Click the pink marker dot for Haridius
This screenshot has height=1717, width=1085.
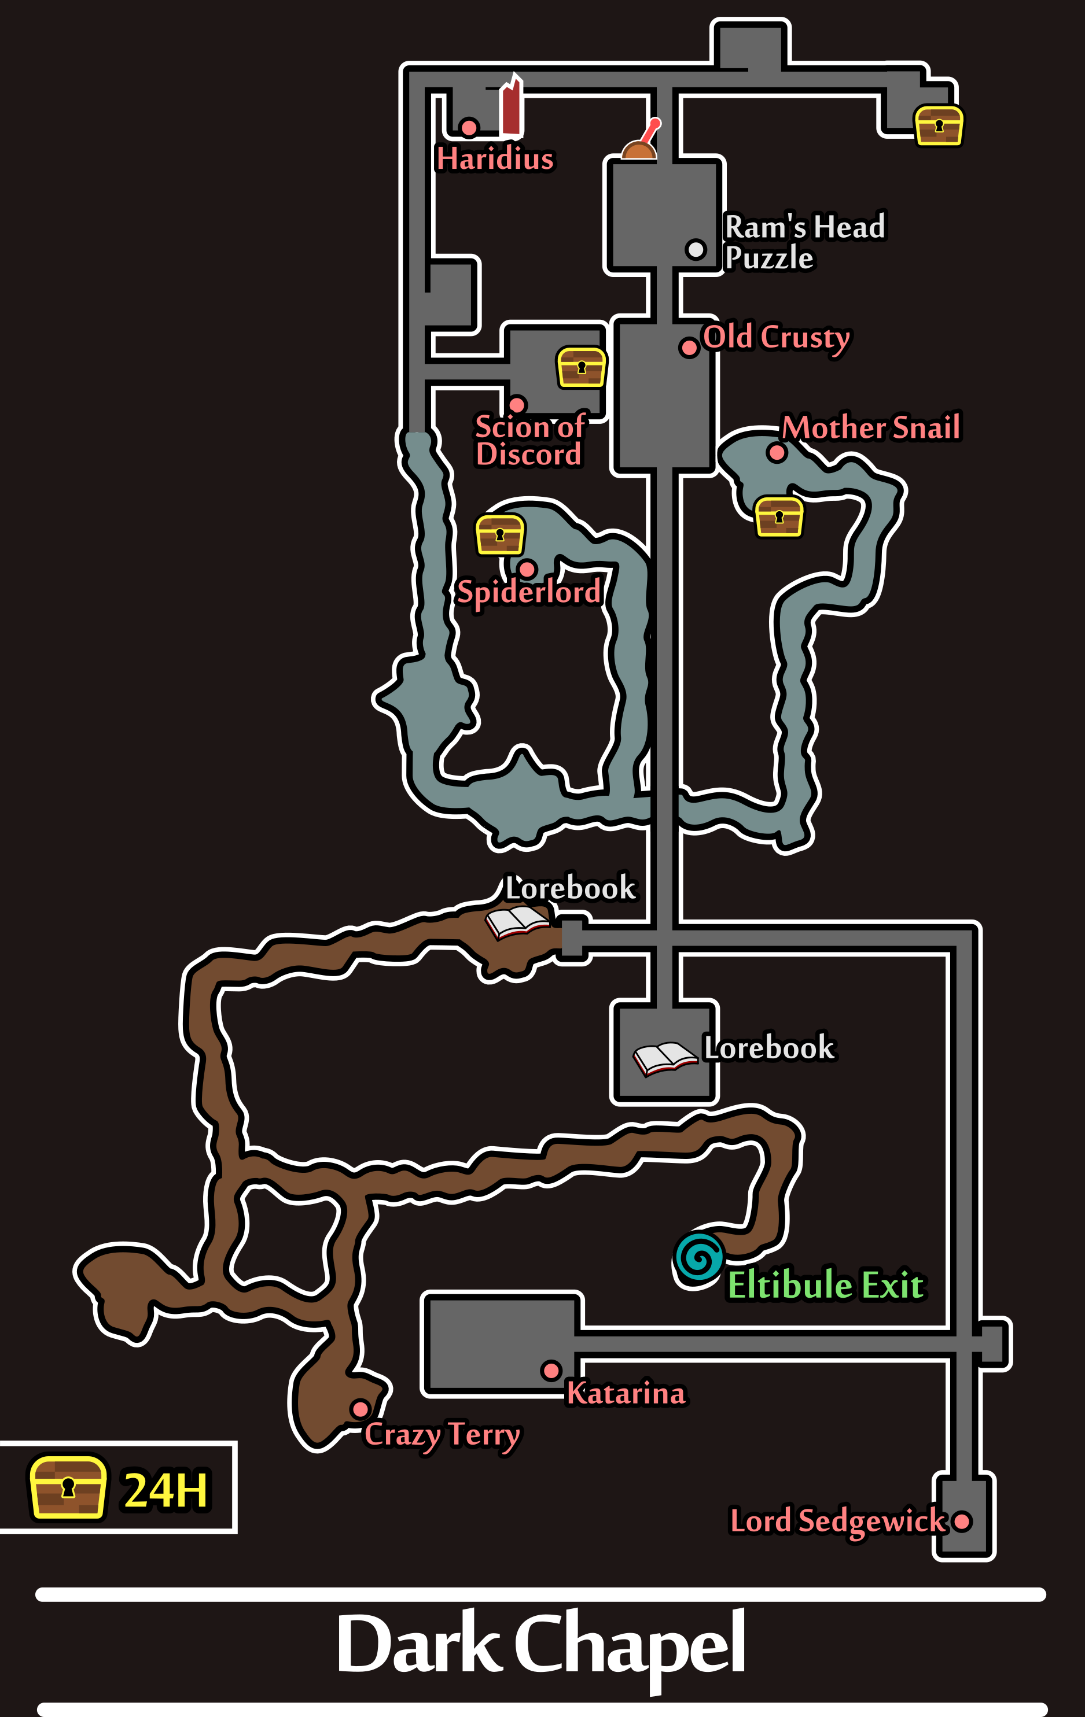(x=469, y=128)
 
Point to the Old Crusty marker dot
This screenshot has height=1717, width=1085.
(x=689, y=348)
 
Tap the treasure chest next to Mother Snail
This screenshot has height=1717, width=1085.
(x=779, y=517)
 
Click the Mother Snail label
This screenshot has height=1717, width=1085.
(x=871, y=427)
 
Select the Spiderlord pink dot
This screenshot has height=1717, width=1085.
(x=528, y=569)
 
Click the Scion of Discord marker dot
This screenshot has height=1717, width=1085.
(x=517, y=405)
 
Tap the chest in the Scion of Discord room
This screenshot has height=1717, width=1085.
(x=582, y=367)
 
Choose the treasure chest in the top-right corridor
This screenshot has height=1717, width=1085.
(x=939, y=126)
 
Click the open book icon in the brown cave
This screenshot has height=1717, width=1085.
(x=517, y=921)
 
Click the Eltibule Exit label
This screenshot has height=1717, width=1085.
(x=825, y=1285)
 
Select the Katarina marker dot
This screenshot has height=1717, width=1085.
(x=551, y=1371)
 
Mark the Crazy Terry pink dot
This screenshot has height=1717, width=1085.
(x=361, y=1409)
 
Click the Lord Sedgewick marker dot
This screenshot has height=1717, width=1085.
(x=962, y=1522)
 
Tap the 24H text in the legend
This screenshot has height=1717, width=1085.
(x=166, y=1491)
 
